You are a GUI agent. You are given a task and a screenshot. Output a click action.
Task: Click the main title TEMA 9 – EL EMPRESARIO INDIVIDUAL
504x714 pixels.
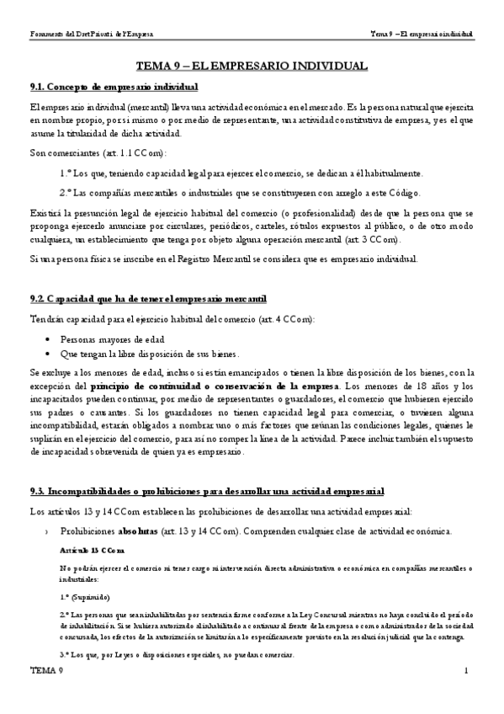(252, 65)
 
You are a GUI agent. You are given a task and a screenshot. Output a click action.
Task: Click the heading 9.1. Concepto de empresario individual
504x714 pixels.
(114, 87)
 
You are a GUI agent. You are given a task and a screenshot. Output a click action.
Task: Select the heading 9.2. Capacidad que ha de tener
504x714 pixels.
(148, 299)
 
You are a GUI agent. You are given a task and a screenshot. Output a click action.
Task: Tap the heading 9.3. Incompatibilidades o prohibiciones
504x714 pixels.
(206, 490)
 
